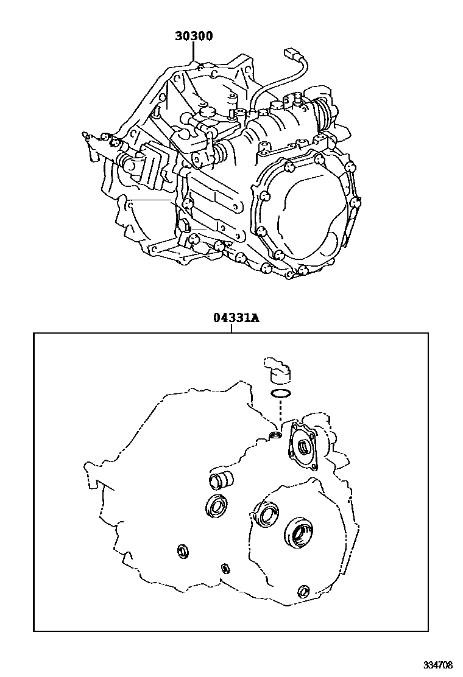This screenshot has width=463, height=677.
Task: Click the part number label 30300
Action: point(194,37)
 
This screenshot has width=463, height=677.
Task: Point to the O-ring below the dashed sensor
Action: point(280,393)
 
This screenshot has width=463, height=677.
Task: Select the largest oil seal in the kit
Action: point(299,531)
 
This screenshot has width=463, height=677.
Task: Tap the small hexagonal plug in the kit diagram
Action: point(225,569)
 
